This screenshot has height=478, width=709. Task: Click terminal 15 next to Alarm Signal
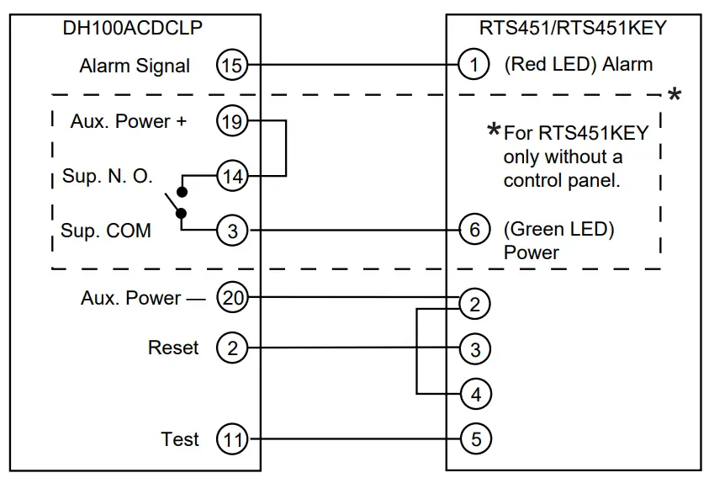click(x=232, y=65)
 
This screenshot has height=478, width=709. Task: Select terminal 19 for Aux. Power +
click(x=232, y=121)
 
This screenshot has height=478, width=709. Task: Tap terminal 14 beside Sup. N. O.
click(x=232, y=176)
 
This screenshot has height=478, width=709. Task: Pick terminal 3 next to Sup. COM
click(x=232, y=230)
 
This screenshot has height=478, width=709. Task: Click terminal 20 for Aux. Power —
click(x=232, y=297)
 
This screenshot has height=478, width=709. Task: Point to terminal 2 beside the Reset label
click(x=232, y=348)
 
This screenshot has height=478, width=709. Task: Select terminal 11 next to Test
click(x=232, y=438)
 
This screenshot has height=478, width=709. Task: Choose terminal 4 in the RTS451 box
click(x=475, y=393)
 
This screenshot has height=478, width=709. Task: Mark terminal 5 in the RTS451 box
click(x=475, y=438)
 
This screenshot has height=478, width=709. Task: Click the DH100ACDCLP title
click(x=133, y=28)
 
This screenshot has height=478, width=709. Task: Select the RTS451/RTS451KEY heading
click(x=573, y=28)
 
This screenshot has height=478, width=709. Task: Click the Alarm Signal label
click(x=135, y=66)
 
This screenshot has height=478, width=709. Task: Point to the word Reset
click(x=173, y=348)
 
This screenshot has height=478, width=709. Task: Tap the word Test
click(x=180, y=438)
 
